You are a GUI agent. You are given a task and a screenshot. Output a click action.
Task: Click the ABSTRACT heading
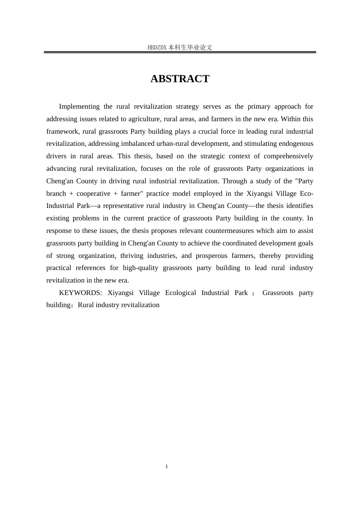(180, 79)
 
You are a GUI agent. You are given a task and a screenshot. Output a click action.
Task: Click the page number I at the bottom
(167, 467)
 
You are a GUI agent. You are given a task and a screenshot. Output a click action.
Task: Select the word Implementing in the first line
(79, 106)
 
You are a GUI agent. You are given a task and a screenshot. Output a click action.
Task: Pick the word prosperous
(211, 256)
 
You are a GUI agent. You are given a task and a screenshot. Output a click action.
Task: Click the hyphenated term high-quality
(140, 268)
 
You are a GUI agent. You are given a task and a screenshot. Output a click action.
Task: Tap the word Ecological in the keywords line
(180, 293)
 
